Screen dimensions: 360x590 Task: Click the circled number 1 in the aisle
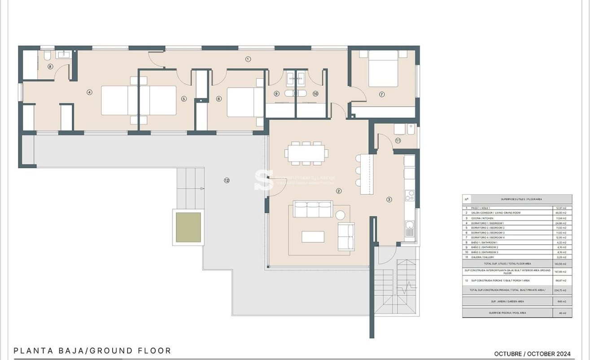point(248,59)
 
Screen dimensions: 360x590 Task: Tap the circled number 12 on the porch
point(227,180)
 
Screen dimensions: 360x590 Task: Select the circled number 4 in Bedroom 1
point(89,92)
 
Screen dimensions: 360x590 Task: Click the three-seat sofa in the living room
point(313,209)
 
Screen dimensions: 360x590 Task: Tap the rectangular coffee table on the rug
point(313,237)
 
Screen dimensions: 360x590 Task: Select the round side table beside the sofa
point(341,215)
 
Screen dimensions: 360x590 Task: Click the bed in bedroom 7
point(383,68)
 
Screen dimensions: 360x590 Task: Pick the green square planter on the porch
point(188,227)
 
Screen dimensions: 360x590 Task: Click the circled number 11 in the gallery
point(398,140)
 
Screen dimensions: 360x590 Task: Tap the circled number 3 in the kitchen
point(389,200)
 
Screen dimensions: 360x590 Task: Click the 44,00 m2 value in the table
point(561,213)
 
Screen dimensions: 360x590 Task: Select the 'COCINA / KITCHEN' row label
point(482,218)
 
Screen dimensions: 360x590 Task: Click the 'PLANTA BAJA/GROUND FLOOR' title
point(92,351)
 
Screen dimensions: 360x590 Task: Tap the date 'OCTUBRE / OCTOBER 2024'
point(532,354)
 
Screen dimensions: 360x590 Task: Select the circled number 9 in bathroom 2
point(276,94)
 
